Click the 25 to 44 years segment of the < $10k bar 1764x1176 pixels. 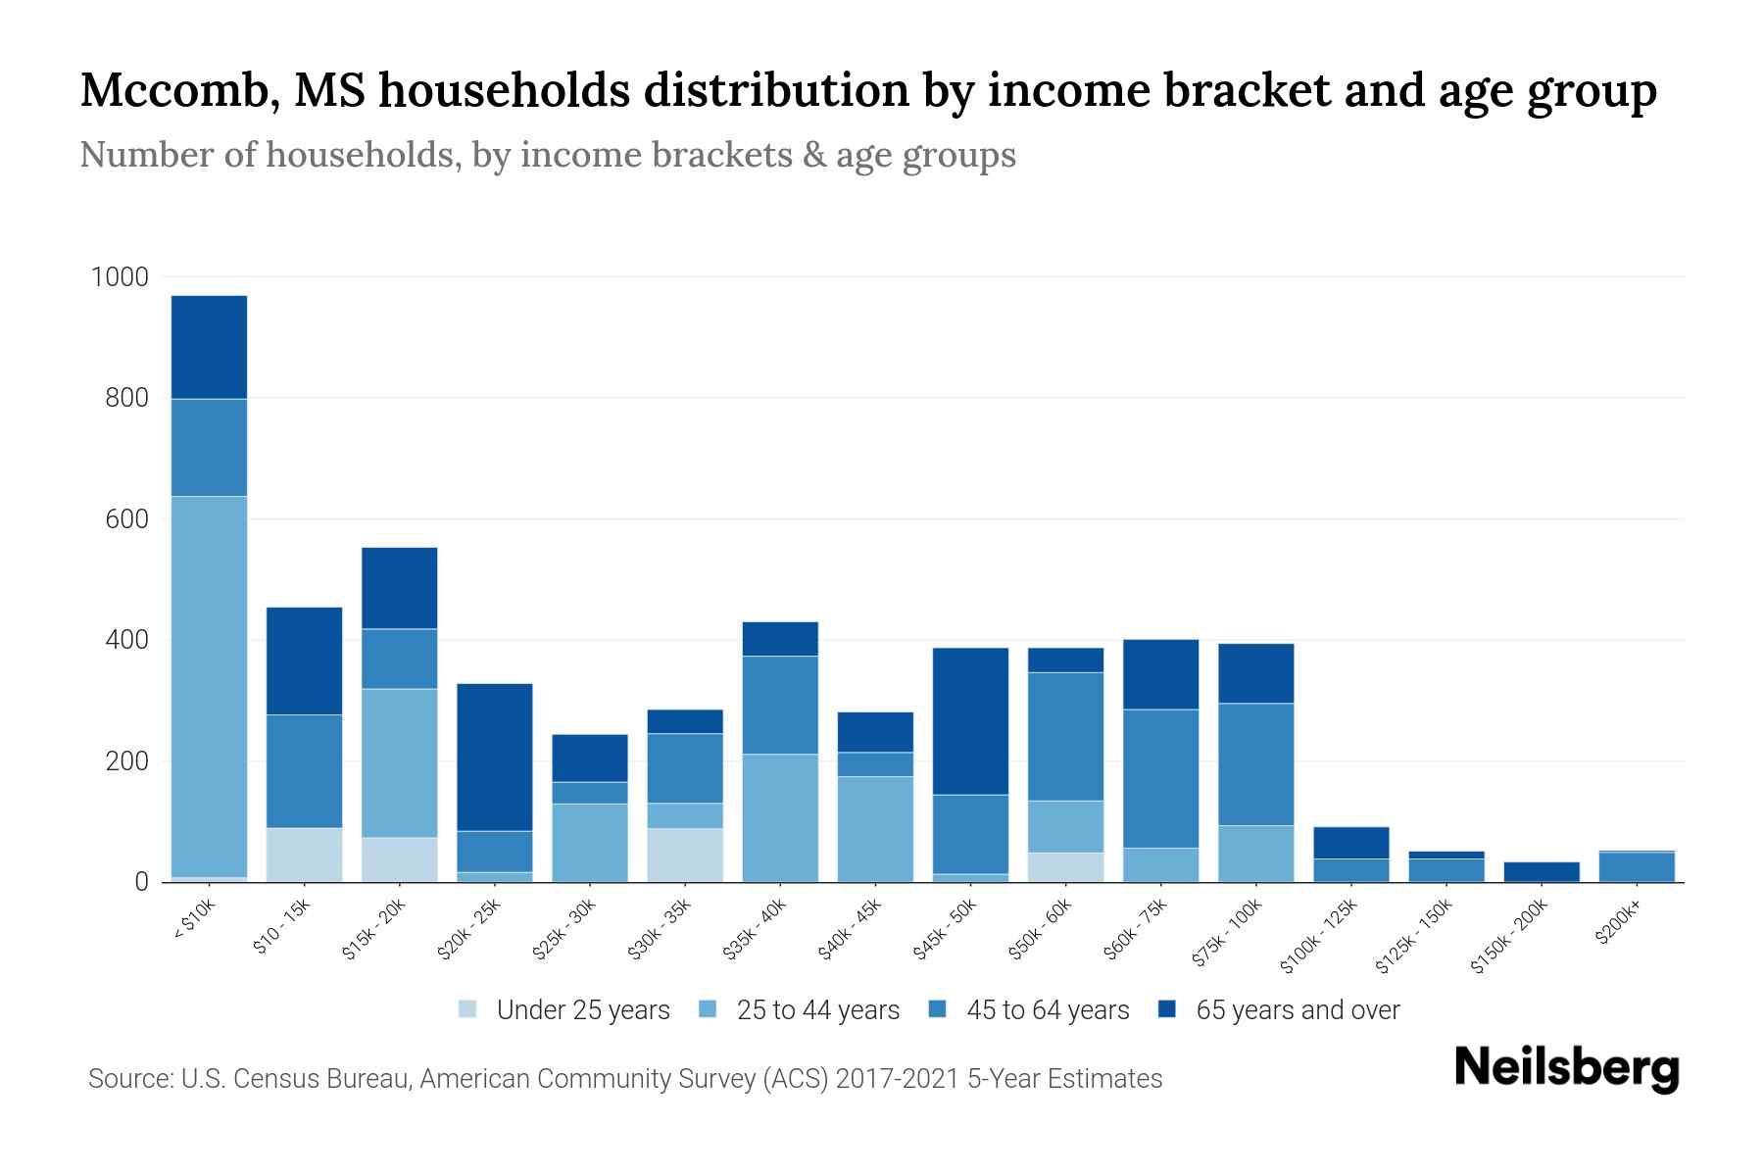(x=209, y=686)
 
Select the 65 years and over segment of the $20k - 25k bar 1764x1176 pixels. (x=495, y=757)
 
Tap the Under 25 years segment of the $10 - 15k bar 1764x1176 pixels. (x=305, y=855)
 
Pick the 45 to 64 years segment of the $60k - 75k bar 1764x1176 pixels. (x=1160, y=778)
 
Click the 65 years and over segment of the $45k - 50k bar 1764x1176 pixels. (x=970, y=720)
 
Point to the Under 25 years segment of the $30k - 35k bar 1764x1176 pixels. (x=685, y=855)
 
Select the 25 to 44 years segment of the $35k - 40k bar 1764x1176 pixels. (x=780, y=817)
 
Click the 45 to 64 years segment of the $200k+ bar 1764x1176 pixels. (x=1637, y=866)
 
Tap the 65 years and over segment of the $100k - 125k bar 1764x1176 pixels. (x=1351, y=843)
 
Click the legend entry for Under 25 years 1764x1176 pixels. (x=582, y=1010)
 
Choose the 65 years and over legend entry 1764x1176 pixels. (x=1297, y=1010)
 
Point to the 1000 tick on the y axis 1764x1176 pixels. (x=120, y=277)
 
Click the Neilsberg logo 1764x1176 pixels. (x=1566, y=1068)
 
